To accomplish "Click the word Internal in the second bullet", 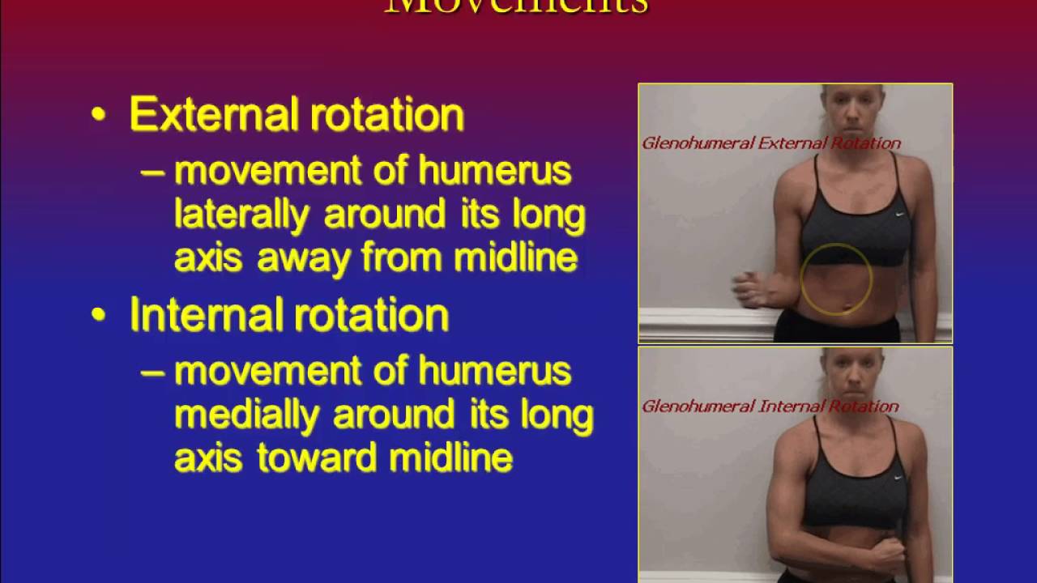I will pos(197,315).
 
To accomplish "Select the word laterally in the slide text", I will pos(241,215).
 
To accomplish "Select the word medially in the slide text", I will pos(246,415).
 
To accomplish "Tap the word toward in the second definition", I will pos(318,458).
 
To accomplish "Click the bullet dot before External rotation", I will pos(99,116).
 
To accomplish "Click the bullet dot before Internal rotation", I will pos(99,316).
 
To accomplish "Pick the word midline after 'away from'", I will pos(515,258).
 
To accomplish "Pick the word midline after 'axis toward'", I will pos(450,458).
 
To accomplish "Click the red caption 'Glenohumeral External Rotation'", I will pos(770,143).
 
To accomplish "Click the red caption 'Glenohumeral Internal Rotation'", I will pos(770,406).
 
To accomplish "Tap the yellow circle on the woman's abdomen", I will pos(836,279).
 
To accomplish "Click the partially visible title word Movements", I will pos(517,6).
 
